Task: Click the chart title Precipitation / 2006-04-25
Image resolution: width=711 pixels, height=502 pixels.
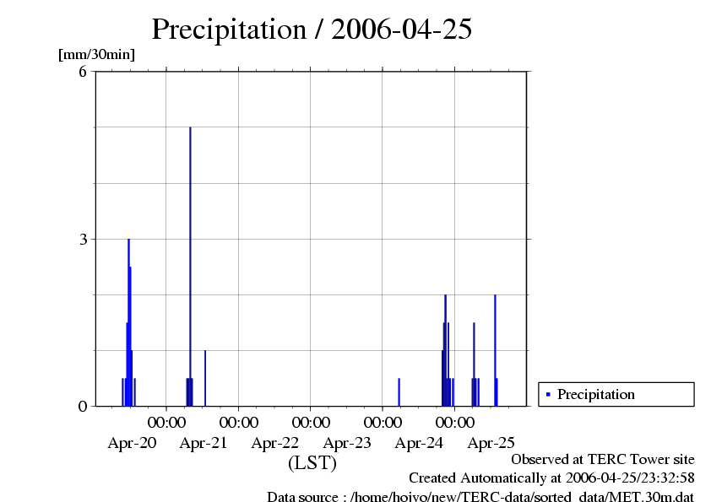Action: (x=312, y=30)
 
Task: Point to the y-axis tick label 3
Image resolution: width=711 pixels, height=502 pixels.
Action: (x=83, y=239)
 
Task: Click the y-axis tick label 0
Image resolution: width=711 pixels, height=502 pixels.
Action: (x=83, y=406)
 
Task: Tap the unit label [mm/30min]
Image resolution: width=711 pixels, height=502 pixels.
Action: (x=96, y=54)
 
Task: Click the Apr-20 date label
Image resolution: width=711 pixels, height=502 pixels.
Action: (x=132, y=442)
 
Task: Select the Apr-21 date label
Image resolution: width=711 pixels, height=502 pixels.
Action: (x=204, y=442)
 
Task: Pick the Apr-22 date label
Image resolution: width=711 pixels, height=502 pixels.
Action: (x=275, y=442)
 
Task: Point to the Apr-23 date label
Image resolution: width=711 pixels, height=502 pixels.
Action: (x=347, y=442)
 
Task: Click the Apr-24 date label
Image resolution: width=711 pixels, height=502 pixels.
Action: (x=419, y=442)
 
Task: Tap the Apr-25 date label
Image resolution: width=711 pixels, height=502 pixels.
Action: (x=491, y=442)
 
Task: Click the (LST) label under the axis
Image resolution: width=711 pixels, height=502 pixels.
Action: (x=312, y=463)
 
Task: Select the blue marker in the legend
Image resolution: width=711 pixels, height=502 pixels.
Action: (x=548, y=394)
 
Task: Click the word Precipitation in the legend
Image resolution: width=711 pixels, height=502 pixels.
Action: (x=596, y=394)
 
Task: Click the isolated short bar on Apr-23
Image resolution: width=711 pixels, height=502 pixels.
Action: (x=399, y=392)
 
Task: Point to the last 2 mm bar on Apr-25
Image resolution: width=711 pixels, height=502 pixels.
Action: (x=495, y=350)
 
